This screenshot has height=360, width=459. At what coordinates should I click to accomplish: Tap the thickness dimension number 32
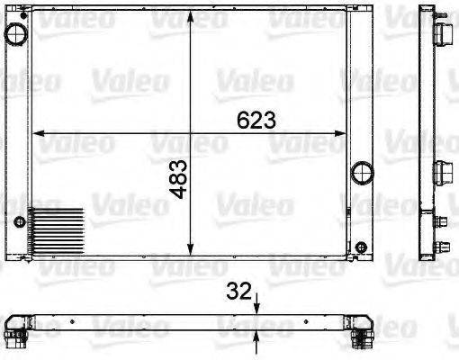pyautogui.click(x=238, y=292)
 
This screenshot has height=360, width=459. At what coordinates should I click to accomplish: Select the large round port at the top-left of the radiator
pyautogui.click(x=15, y=34)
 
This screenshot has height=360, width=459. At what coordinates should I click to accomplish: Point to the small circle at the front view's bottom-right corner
pyautogui.click(x=360, y=248)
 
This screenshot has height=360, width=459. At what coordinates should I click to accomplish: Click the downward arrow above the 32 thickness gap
pyautogui.click(x=258, y=307)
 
